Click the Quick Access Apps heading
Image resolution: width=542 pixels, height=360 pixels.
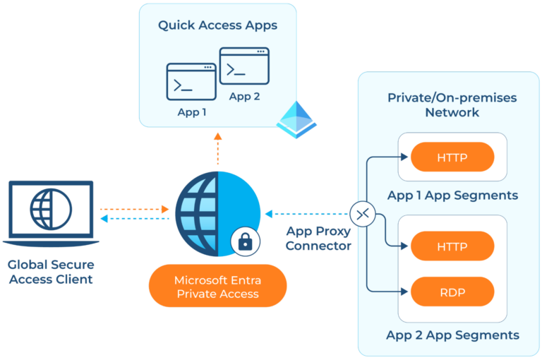pyautogui.click(x=217, y=25)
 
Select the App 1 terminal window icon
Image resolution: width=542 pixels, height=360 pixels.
pyautogui.click(x=191, y=82)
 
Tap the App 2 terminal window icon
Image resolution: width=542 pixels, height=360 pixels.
pyautogui.click(x=244, y=66)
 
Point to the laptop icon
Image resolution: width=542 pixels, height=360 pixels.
pyautogui.click(x=50, y=212)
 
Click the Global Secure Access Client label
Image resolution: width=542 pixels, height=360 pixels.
pyautogui.click(x=50, y=272)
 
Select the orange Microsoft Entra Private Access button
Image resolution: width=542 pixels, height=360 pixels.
pyautogui.click(x=218, y=286)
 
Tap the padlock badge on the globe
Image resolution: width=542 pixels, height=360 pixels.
pyautogui.click(x=245, y=242)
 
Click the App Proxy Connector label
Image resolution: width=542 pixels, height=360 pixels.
pyautogui.click(x=318, y=239)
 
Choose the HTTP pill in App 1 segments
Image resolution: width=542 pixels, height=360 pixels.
pyautogui.click(x=452, y=157)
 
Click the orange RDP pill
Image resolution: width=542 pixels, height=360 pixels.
pyautogui.click(x=452, y=291)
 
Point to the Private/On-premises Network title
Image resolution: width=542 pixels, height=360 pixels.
pyautogui.click(x=452, y=105)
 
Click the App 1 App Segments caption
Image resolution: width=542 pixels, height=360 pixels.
pyautogui.click(x=452, y=195)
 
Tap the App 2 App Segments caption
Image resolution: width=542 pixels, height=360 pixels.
pyautogui.click(x=452, y=335)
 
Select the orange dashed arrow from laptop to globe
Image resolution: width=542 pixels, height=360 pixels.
pyautogui.click(x=135, y=209)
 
